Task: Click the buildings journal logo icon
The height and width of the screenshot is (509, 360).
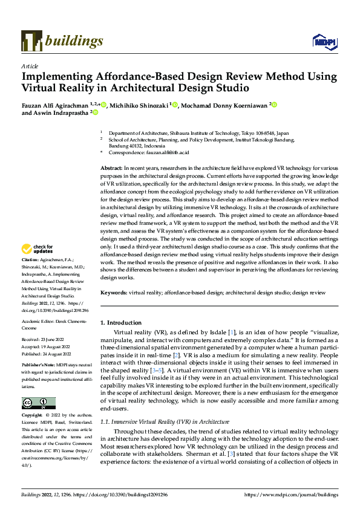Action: [31, 41]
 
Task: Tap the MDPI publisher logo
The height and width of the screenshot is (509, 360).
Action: [324, 41]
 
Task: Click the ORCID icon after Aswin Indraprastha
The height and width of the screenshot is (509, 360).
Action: [95, 112]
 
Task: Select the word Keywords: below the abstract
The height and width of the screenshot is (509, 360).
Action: [114, 292]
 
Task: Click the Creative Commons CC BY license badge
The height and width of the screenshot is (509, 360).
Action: [38, 403]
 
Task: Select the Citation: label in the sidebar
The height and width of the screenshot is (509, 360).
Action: [30, 276]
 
